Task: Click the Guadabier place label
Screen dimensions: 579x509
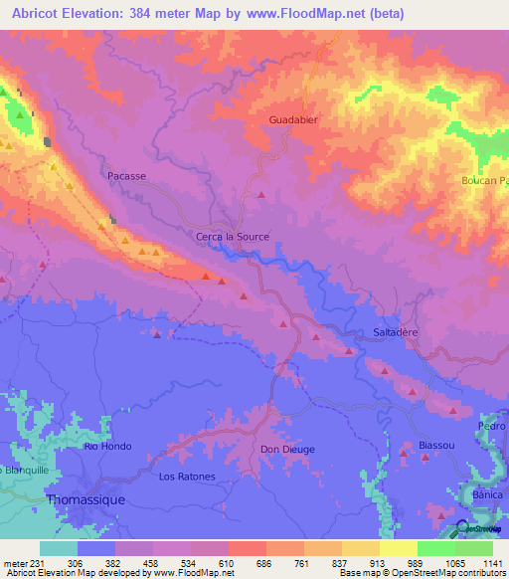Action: (293, 120)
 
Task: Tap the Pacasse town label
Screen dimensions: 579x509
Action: (126, 175)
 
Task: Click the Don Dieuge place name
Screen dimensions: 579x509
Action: (287, 449)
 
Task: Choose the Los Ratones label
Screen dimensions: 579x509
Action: (187, 477)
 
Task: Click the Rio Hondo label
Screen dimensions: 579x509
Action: (107, 447)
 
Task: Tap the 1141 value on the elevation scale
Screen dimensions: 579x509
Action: (492, 561)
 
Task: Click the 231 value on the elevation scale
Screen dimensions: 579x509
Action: (30, 561)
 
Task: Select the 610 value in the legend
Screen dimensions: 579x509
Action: (228, 561)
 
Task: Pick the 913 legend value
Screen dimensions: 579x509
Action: (379, 561)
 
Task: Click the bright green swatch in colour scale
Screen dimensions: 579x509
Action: (435, 547)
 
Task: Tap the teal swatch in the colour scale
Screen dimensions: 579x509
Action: (58, 547)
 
